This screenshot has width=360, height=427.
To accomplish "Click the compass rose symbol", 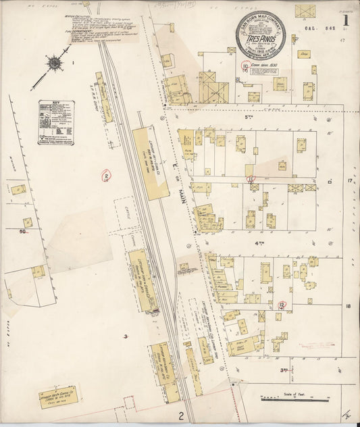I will pyautogui.click(x=53, y=65).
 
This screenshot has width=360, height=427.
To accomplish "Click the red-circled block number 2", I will pyautogui.click(x=105, y=176).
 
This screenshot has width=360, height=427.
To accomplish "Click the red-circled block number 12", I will pyautogui.click(x=282, y=305).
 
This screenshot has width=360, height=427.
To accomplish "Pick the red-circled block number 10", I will pyautogui.click(x=251, y=180).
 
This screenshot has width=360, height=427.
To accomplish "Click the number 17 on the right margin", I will pyautogui.click(x=350, y=182).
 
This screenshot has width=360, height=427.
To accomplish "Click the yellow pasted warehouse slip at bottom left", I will pyautogui.click(x=57, y=397).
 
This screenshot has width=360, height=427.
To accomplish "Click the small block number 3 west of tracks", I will pyautogui.click(x=125, y=336).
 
